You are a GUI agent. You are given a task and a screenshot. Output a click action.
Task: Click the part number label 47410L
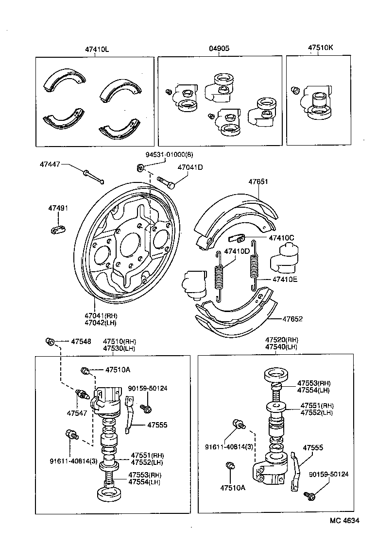click(97, 49)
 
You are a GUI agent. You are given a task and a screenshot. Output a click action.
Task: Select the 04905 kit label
click(219, 49)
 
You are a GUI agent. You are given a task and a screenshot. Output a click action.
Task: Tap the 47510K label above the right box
click(320, 49)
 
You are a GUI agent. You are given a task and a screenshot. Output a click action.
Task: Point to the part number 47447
click(50, 164)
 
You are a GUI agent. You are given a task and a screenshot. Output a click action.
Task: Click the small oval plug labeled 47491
click(58, 228)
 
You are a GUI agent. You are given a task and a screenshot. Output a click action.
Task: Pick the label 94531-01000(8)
click(170, 155)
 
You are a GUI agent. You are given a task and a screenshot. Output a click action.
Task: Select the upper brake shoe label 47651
click(258, 181)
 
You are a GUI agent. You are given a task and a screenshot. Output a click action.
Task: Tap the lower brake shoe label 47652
click(292, 319)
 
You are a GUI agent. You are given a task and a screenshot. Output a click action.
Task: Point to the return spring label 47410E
click(285, 279)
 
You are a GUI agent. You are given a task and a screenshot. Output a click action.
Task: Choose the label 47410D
click(237, 251)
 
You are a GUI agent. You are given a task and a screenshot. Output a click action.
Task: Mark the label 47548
click(81, 341)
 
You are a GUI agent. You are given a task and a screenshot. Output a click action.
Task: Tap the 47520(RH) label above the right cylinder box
click(281, 340)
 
